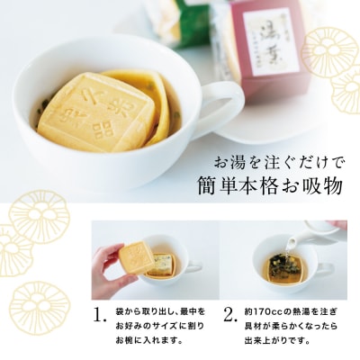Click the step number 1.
pos(100,316)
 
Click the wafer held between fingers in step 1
pos(138,257)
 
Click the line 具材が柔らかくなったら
pos(289,326)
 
